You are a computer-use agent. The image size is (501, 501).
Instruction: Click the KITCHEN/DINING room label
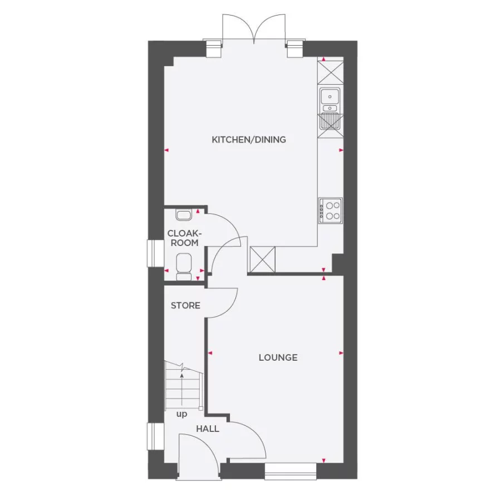(249, 140)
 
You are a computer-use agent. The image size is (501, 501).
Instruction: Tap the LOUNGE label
(278, 357)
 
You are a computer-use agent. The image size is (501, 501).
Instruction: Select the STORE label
(185, 306)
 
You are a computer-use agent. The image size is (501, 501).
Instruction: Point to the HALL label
(207, 429)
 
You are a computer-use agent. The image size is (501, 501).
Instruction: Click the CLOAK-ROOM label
(184, 239)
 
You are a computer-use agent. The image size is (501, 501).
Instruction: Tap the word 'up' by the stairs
(181, 414)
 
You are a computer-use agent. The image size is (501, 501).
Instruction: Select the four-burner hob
(330, 211)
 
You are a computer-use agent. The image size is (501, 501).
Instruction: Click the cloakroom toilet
(184, 266)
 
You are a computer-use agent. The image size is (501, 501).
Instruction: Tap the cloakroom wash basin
(183, 214)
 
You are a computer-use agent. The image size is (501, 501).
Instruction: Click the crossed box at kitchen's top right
(330, 73)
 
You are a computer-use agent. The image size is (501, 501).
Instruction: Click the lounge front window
(290, 471)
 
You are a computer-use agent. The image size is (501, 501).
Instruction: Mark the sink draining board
(330, 121)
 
